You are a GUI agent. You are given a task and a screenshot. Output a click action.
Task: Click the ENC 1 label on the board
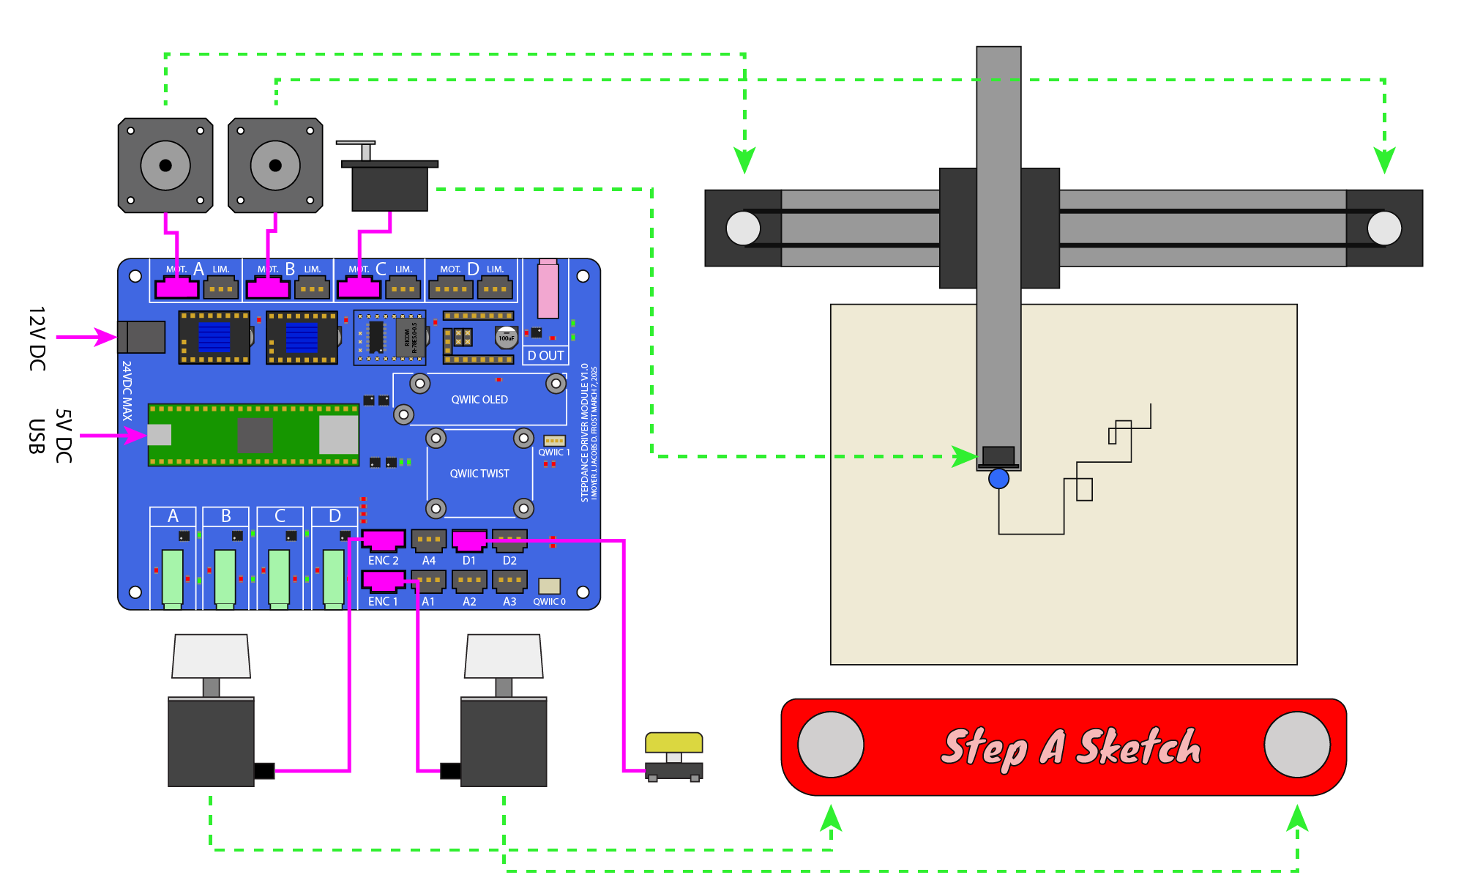click(383, 601)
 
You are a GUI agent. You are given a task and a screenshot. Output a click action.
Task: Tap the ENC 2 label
click(383, 560)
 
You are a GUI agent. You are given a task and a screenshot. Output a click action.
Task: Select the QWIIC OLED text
click(479, 400)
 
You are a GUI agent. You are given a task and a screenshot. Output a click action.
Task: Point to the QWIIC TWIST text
click(479, 474)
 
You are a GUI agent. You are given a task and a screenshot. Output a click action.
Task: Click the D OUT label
click(546, 356)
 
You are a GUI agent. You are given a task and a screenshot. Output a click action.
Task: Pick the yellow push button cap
click(673, 742)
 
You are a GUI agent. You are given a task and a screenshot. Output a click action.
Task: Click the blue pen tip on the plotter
click(998, 479)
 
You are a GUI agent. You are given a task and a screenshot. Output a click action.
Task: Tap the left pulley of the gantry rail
click(743, 228)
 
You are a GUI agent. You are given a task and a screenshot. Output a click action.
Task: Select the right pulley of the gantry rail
click(1384, 228)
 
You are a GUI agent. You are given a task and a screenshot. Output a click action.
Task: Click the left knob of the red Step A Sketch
click(831, 745)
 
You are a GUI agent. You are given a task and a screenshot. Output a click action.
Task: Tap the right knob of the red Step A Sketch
click(1297, 745)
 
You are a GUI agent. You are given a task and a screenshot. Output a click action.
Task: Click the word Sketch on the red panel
click(1139, 747)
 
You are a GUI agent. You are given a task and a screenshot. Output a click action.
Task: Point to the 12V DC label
click(37, 338)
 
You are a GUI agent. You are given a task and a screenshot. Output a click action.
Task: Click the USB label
click(37, 436)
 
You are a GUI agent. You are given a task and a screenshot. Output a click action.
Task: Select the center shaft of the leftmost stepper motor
click(165, 165)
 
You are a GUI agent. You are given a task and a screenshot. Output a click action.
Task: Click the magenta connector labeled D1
click(469, 541)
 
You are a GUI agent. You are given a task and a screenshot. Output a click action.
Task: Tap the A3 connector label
click(509, 601)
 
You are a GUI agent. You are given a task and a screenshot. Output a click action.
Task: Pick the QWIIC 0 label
click(549, 602)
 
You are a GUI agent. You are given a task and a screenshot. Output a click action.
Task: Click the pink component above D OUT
click(548, 289)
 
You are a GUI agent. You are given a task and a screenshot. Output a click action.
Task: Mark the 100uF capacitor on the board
click(507, 338)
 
